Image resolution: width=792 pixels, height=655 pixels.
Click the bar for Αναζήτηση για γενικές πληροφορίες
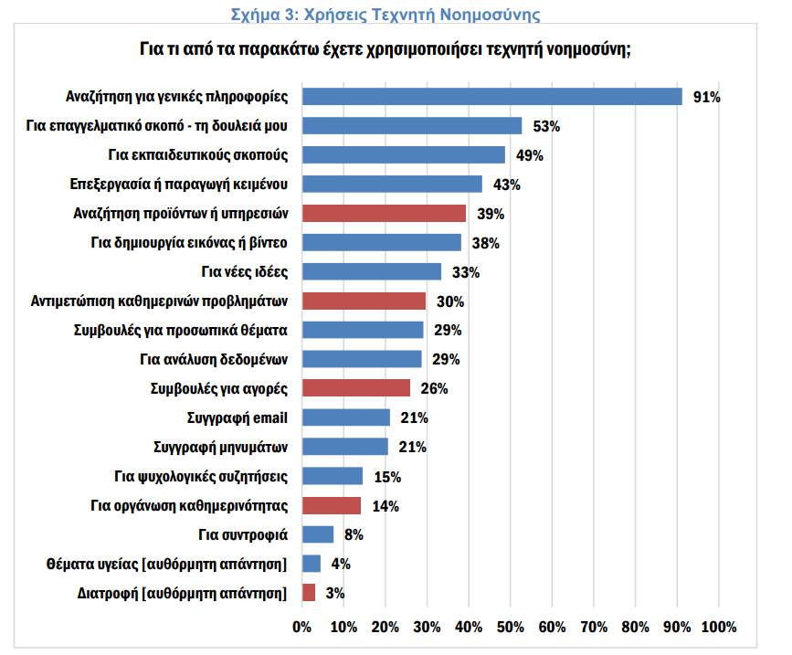[x=491, y=96]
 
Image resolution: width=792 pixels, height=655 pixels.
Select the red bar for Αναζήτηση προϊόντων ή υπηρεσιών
[x=384, y=213]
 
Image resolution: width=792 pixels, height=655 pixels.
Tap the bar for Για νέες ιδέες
[x=371, y=271]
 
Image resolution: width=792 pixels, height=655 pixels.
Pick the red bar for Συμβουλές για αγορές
[x=355, y=388]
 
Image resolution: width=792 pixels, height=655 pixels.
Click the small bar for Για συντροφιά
[x=318, y=534]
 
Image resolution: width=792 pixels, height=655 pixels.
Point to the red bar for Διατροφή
[x=308, y=593]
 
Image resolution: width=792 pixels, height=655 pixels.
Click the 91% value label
[x=707, y=97]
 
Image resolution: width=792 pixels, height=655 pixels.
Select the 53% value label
[x=546, y=126]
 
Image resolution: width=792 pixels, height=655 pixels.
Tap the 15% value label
[x=387, y=477]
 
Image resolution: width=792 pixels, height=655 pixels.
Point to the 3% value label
[x=334, y=594]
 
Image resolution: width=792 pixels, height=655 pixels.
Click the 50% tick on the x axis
[x=510, y=627]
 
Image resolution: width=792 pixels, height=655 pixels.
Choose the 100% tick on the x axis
[x=718, y=627]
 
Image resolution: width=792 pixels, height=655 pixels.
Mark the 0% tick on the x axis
[x=301, y=627]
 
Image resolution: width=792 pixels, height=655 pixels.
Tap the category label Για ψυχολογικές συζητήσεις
[x=201, y=476]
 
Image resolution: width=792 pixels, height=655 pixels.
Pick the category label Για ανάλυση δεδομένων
[x=214, y=359]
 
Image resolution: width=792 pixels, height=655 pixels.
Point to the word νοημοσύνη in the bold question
[x=580, y=48]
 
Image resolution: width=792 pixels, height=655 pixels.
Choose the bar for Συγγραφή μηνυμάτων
[x=344, y=447]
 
